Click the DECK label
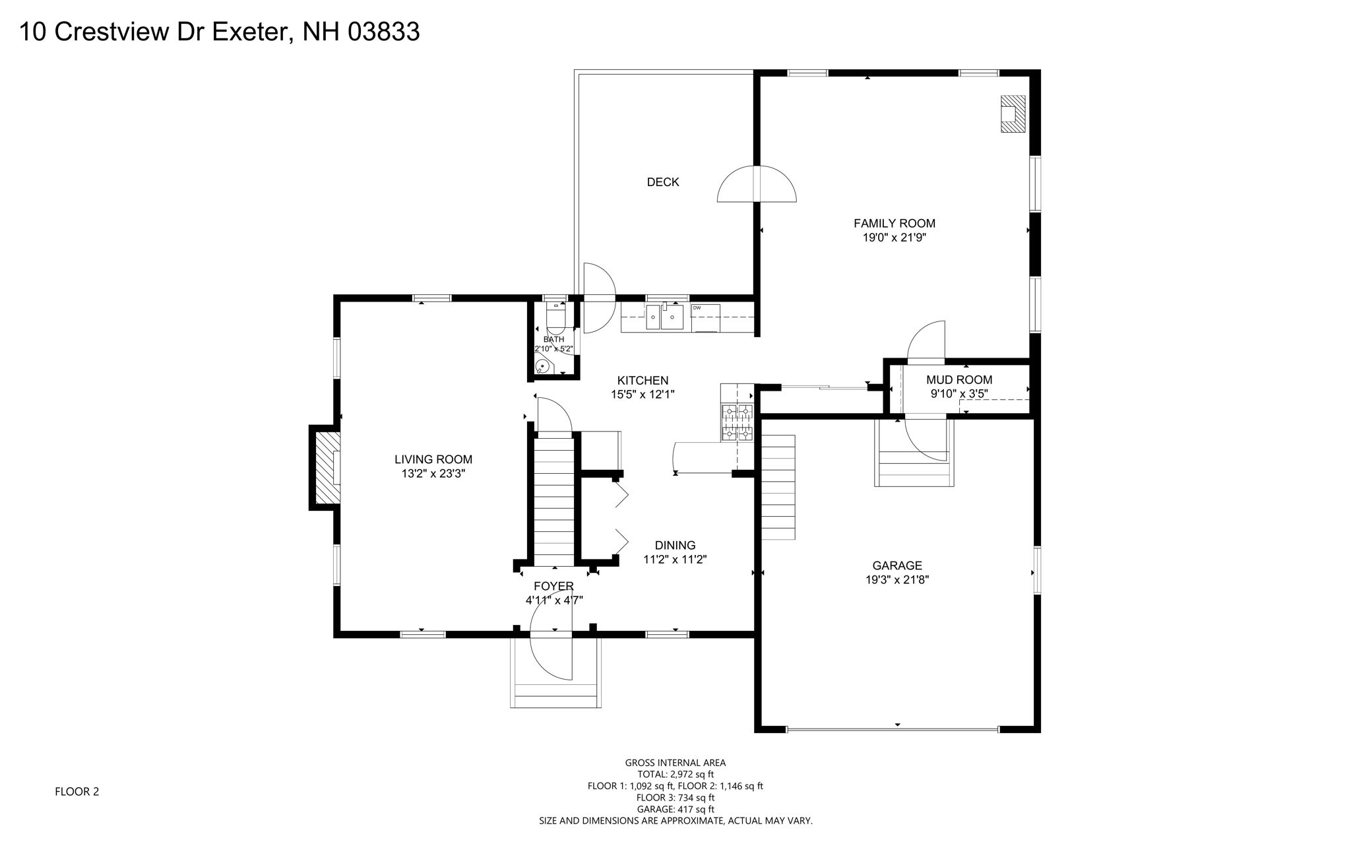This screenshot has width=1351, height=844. [662, 182]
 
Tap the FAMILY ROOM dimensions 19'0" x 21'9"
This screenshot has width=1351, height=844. [895, 238]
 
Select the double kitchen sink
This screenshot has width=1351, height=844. [664, 317]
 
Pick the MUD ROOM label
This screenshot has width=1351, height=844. [958, 380]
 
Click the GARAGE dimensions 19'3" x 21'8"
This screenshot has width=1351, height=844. [897, 580]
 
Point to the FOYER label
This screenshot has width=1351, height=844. [553, 586]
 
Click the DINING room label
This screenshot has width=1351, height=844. [675, 546]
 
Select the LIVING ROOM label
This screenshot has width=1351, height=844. [433, 459]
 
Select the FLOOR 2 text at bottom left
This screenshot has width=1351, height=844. [77, 792]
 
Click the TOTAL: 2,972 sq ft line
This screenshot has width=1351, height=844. [675, 775]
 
